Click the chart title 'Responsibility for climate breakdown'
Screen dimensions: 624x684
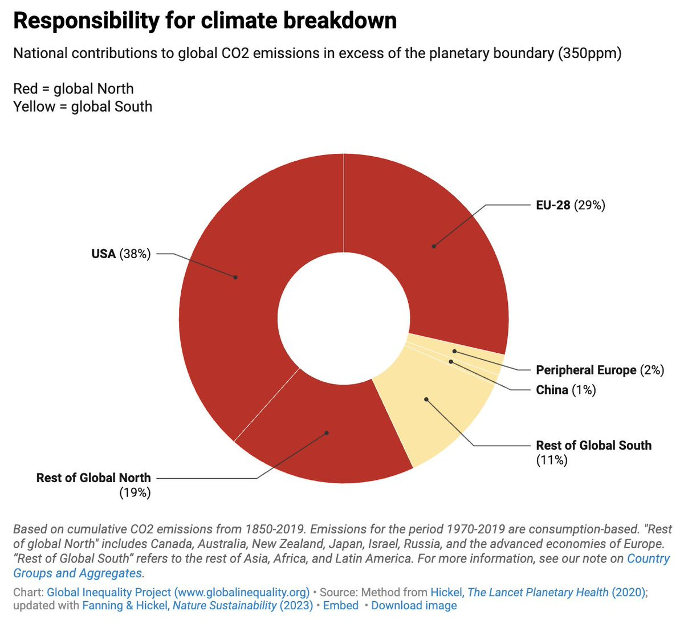[205, 21]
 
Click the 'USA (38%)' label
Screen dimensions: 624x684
[121, 254]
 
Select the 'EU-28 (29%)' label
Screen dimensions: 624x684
[570, 205]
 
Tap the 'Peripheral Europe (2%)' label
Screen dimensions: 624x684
[600, 370]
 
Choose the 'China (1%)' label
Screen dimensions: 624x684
[565, 390]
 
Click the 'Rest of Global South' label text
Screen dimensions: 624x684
[593, 445]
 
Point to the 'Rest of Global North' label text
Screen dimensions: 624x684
[93, 478]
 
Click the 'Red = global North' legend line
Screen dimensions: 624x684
[74, 89]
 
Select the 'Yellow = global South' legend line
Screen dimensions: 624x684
[83, 107]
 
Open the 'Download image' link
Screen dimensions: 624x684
[414, 605]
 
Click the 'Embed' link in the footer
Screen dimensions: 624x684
[340, 605]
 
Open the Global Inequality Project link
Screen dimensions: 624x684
[178, 592]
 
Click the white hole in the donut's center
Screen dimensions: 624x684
[344, 318]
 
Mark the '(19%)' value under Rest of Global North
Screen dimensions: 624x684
[135, 492]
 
